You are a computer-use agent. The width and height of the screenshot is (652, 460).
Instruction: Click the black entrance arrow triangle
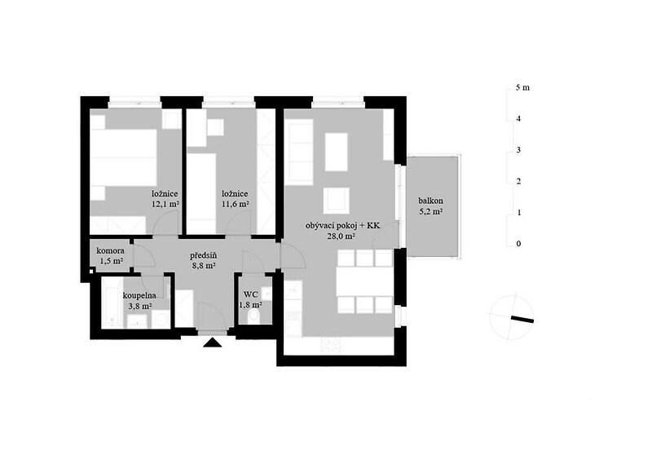pos(214,343)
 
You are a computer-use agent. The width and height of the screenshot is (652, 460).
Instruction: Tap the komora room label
pos(110,251)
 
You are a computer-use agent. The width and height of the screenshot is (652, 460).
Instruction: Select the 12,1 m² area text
pos(165,204)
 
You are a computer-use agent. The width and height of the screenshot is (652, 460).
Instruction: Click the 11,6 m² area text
pos(236,204)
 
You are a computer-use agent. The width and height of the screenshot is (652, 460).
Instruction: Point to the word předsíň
pos(203,255)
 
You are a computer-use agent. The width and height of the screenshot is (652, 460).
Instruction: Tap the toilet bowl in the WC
pos(253,316)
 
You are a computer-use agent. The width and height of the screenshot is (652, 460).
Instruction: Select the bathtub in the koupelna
pos(111,302)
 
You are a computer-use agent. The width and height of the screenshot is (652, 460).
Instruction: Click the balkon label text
pos(430,201)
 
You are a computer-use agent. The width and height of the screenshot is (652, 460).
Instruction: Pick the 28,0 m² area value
pos(341,236)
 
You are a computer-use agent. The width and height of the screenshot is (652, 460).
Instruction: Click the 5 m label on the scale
pos(522,87)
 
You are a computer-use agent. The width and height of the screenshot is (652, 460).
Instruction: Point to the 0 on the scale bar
pos(518,244)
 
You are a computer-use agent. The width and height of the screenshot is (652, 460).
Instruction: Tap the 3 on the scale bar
pos(518,150)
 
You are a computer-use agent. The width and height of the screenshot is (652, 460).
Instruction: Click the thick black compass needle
pos(522,319)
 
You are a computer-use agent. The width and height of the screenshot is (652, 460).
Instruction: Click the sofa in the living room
pos(300,152)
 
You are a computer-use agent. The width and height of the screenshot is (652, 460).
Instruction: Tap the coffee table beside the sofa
pos(336,152)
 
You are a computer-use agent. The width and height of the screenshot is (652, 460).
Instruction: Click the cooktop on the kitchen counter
pos(331,345)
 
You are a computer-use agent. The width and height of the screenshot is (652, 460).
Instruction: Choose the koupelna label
pos(139,296)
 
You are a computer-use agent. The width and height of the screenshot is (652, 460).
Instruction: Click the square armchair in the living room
pos(336,201)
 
